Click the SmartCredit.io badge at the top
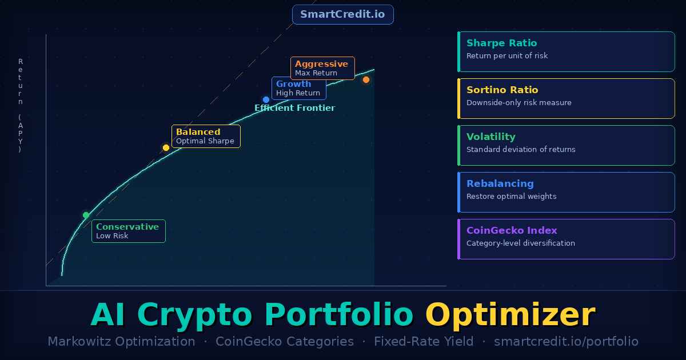coord(342,14)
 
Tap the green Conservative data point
coord(86,215)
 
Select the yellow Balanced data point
coord(166,147)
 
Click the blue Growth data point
coord(266,99)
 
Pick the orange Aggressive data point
coord(366,79)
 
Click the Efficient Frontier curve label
coord(294,108)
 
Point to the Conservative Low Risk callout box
coord(128,231)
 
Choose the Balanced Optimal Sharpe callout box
coord(206,136)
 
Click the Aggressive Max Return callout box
coord(322,68)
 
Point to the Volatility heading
coord(490,137)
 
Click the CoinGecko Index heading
coord(512,230)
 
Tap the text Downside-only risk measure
coord(519,103)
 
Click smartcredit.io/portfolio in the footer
coord(565,342)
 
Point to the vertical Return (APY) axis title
coord(21,106)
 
